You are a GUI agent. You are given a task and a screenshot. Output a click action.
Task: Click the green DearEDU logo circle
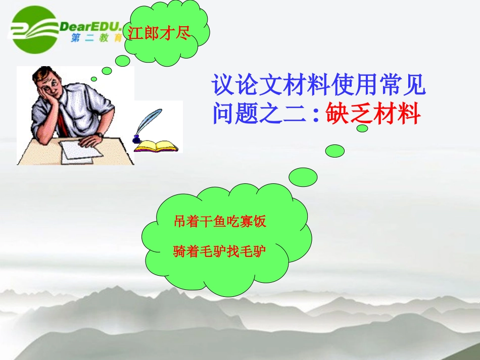click(35, 30)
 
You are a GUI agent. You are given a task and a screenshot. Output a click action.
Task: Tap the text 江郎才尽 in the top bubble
click(159, 34)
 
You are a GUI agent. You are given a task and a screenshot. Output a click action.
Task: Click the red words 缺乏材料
click(373, 114)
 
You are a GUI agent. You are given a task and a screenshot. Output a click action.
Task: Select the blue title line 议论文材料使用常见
click(319, 85)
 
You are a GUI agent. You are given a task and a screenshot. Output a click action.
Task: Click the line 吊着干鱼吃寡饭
click(220, 222)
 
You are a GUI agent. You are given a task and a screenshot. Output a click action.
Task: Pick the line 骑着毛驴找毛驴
click(220, 251)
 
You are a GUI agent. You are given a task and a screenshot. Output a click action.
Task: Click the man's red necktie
click(63, 122)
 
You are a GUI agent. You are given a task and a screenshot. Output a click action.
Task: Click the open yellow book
click(156, 146)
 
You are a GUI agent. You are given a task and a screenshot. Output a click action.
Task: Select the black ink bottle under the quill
click(136, 138)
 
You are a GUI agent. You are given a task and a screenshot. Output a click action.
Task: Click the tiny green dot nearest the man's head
click(93, 79)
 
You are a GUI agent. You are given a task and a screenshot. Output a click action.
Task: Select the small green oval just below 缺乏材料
click(362, 128)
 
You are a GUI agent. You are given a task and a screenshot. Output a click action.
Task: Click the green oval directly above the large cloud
click(303, 177)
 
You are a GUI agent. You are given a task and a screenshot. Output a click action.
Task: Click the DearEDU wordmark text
click(91, 26)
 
